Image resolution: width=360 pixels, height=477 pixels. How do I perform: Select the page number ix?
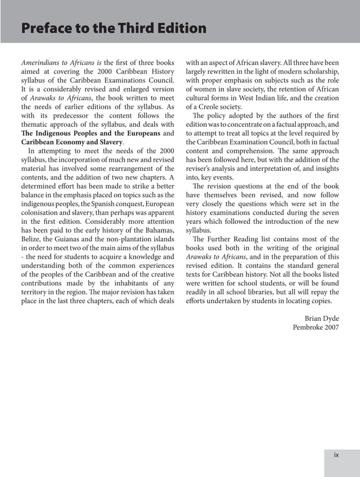tap(336, 455)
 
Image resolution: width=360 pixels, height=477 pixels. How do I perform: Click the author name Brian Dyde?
tap(322, 318)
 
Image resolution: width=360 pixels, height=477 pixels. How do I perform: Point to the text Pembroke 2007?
tap(315, 328)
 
